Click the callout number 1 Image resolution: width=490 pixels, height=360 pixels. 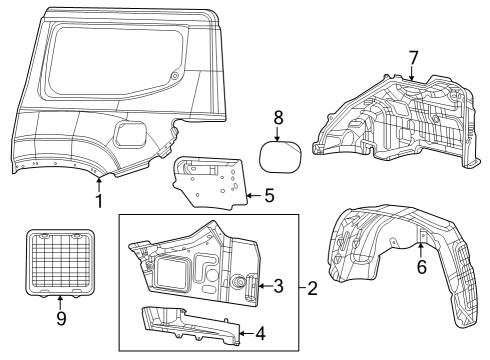point(99,200)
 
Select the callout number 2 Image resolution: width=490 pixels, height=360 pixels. point(313,289)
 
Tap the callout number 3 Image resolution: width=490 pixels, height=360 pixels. point(279,286)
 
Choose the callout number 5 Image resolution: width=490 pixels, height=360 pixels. point(268,197)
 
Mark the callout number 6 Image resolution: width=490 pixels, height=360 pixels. point(422,266)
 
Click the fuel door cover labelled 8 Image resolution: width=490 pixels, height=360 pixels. point(279,158)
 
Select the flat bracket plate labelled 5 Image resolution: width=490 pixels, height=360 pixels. point(210,181)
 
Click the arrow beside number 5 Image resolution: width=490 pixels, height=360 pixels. point(252,197)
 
